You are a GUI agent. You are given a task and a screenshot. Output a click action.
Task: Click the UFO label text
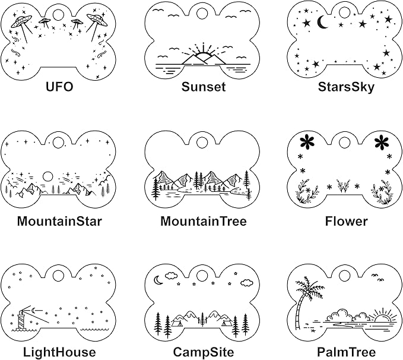(59, 87)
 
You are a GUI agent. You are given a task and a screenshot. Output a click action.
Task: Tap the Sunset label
(204, 87)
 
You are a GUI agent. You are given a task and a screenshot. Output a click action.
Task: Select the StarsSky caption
(346, 87)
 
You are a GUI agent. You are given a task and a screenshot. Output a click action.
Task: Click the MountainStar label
(59, 222)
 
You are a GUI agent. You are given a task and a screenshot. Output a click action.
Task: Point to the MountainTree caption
(204, 222)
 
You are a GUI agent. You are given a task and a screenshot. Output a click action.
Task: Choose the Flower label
(346, 222)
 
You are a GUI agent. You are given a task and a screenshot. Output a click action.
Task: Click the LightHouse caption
(59, 352)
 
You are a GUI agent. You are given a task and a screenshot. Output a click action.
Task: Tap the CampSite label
(204, 352)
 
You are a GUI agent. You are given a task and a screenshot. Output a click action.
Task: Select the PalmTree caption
(346, 352)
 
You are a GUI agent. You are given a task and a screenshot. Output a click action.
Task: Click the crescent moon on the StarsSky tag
(322, 22)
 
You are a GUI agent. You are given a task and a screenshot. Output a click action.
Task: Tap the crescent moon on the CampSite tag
(158, 280)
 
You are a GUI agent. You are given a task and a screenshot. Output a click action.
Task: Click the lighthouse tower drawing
(21, 318)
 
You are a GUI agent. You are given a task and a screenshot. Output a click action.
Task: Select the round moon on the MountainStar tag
(47, 177)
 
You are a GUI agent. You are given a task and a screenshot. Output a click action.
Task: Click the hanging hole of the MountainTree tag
(202, 143)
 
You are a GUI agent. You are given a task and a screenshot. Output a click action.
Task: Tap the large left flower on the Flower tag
(307, 141)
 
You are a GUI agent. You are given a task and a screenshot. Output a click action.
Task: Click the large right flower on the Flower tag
(382, 142)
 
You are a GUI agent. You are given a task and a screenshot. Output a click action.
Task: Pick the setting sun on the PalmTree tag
(383, 318)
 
